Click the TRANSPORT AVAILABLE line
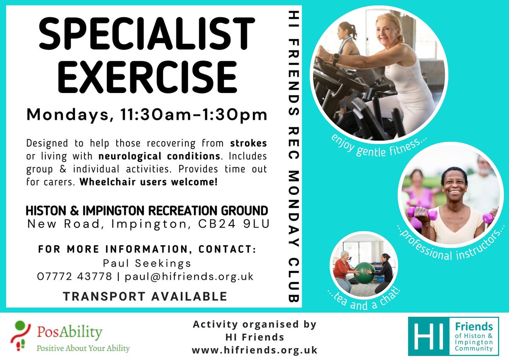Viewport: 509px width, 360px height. (145, 296)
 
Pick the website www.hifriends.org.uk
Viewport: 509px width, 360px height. (255, 350)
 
